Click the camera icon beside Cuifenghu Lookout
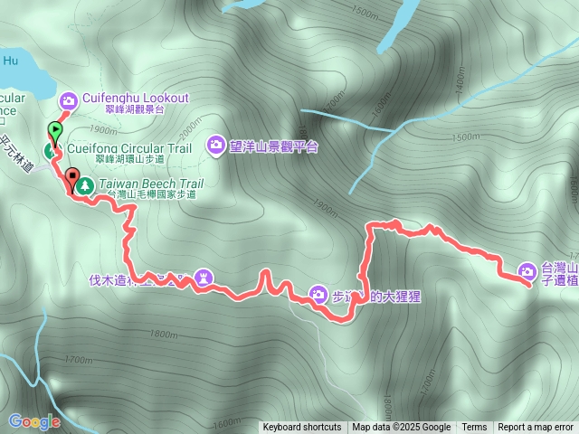[67, 99]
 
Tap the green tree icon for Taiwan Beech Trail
[85, 184]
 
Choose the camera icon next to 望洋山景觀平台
[216, 144]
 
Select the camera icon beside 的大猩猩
[318, 292]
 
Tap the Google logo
[33, 421]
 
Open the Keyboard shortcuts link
[302, 428]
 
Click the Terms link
[474, 428]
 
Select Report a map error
[536, 428]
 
